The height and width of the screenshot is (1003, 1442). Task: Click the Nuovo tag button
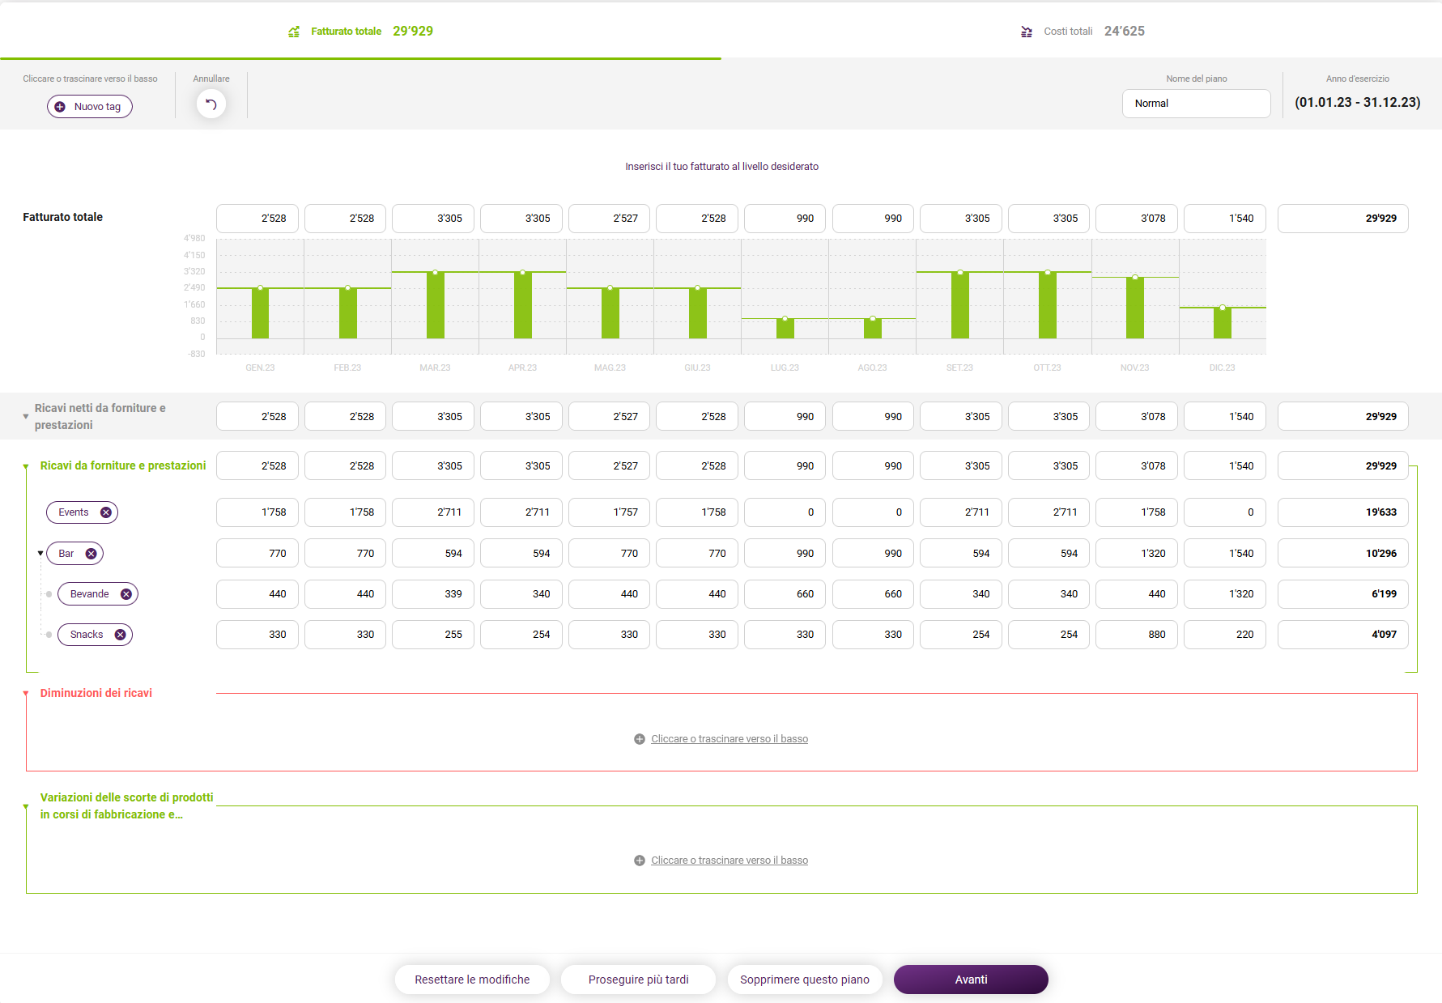(x=90, y=107)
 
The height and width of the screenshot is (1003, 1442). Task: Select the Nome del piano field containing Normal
(x=1196, y=104)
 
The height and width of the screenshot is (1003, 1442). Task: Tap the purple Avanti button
(x=971, y=980)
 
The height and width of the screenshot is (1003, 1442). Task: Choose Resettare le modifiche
(x=472, y=980)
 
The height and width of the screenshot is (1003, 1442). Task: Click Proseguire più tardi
(x=638, y=980)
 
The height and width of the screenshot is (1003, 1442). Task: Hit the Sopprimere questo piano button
(x=805, y=980)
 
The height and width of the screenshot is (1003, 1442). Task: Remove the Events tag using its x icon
(x=106, y=512)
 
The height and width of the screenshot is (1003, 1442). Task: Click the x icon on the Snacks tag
(x=121, y=635)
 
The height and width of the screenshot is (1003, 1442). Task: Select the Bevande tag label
(x=89, y=594)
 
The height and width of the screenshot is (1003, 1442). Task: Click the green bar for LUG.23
(x=785, y=329)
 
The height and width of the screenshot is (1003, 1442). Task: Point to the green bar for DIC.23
(x=1223, y=323)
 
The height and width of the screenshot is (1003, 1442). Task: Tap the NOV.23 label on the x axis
(x=1135, y=368)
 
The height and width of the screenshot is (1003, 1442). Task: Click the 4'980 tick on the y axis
(x=194, y=238)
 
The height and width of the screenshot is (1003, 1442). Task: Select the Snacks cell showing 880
(x=1137, y=635)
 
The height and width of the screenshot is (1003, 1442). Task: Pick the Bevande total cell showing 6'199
(x=1343, y=594)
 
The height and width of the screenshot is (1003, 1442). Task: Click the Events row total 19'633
(x=1343, y=512)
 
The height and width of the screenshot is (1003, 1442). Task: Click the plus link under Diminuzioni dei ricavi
(x=721, y=739)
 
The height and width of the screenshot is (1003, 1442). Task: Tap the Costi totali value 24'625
(x=1125, y=31)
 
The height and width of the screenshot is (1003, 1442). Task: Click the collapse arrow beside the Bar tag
(x=40, y=554)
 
